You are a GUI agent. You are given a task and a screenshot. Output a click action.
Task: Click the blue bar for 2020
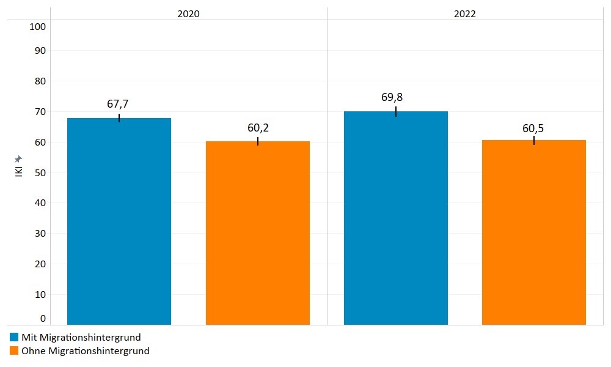point(119,221)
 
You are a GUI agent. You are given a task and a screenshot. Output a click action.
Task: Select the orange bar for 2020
point(258,232)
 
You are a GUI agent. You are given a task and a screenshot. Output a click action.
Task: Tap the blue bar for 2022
point(396,218)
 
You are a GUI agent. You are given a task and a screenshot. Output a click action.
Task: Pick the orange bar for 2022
point(534,232)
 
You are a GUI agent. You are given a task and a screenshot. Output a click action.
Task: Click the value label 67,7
point(119,104)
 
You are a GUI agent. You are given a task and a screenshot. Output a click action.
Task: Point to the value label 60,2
point(258,127)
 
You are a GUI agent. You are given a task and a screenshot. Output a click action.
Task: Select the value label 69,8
point(396,97)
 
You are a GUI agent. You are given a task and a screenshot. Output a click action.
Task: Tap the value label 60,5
point(533,128)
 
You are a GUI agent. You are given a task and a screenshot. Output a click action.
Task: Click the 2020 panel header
point(188,13)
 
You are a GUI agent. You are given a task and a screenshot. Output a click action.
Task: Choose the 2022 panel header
point(465,13)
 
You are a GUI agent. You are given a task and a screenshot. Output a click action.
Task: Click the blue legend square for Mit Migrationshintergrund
point(14,337)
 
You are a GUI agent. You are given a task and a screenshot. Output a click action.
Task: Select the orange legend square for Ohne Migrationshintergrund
point(14,350)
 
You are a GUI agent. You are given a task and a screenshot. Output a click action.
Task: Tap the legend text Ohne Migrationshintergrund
point(86,350)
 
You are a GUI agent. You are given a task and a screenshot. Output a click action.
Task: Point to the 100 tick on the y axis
point(38,26)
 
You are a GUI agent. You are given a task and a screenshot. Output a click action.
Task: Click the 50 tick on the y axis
point(40,172)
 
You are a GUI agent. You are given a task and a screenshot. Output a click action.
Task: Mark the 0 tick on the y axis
point(43,318)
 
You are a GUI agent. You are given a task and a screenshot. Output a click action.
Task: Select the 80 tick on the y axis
point(40,81)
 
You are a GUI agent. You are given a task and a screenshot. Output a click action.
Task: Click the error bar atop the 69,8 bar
point(396,111)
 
